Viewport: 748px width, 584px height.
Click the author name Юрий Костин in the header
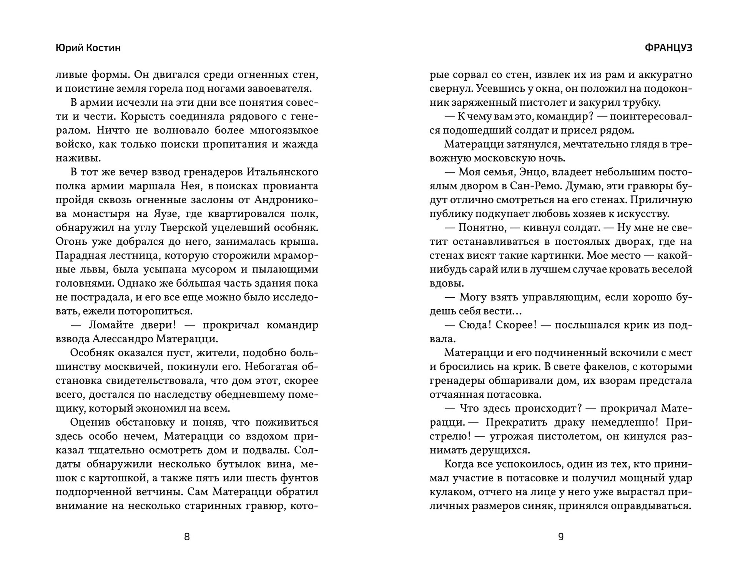click(88, 48)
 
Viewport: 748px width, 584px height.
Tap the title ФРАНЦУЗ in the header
click(668, 48)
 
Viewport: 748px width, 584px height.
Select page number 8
click(187, 537)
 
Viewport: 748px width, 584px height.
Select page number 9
click(561, 537)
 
